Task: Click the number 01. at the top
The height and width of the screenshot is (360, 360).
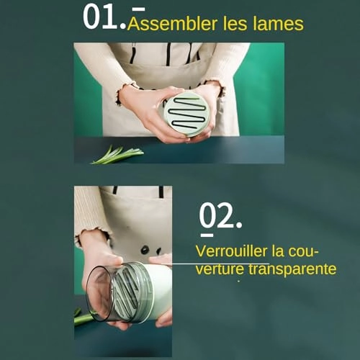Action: coord(104,17)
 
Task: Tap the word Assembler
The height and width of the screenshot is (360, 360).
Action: coord(172,24)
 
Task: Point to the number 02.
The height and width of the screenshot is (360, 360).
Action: coord(220,216)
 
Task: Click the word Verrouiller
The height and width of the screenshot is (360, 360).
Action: coord(231,251)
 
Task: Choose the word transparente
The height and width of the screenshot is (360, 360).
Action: coord(292,269)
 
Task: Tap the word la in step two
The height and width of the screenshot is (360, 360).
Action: coord(278,251)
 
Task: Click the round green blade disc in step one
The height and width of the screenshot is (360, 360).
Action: coord(187,114)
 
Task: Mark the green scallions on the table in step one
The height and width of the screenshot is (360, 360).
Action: coord(117,155)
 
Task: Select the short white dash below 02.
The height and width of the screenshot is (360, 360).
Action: coord(207,235)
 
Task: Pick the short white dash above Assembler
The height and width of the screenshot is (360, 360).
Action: coord(139,9)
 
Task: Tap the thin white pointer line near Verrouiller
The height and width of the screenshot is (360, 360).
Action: coord(215,264)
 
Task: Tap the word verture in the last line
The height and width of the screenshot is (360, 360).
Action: coord(220,269)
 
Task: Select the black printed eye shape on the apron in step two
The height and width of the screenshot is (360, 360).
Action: coord(145,249)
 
